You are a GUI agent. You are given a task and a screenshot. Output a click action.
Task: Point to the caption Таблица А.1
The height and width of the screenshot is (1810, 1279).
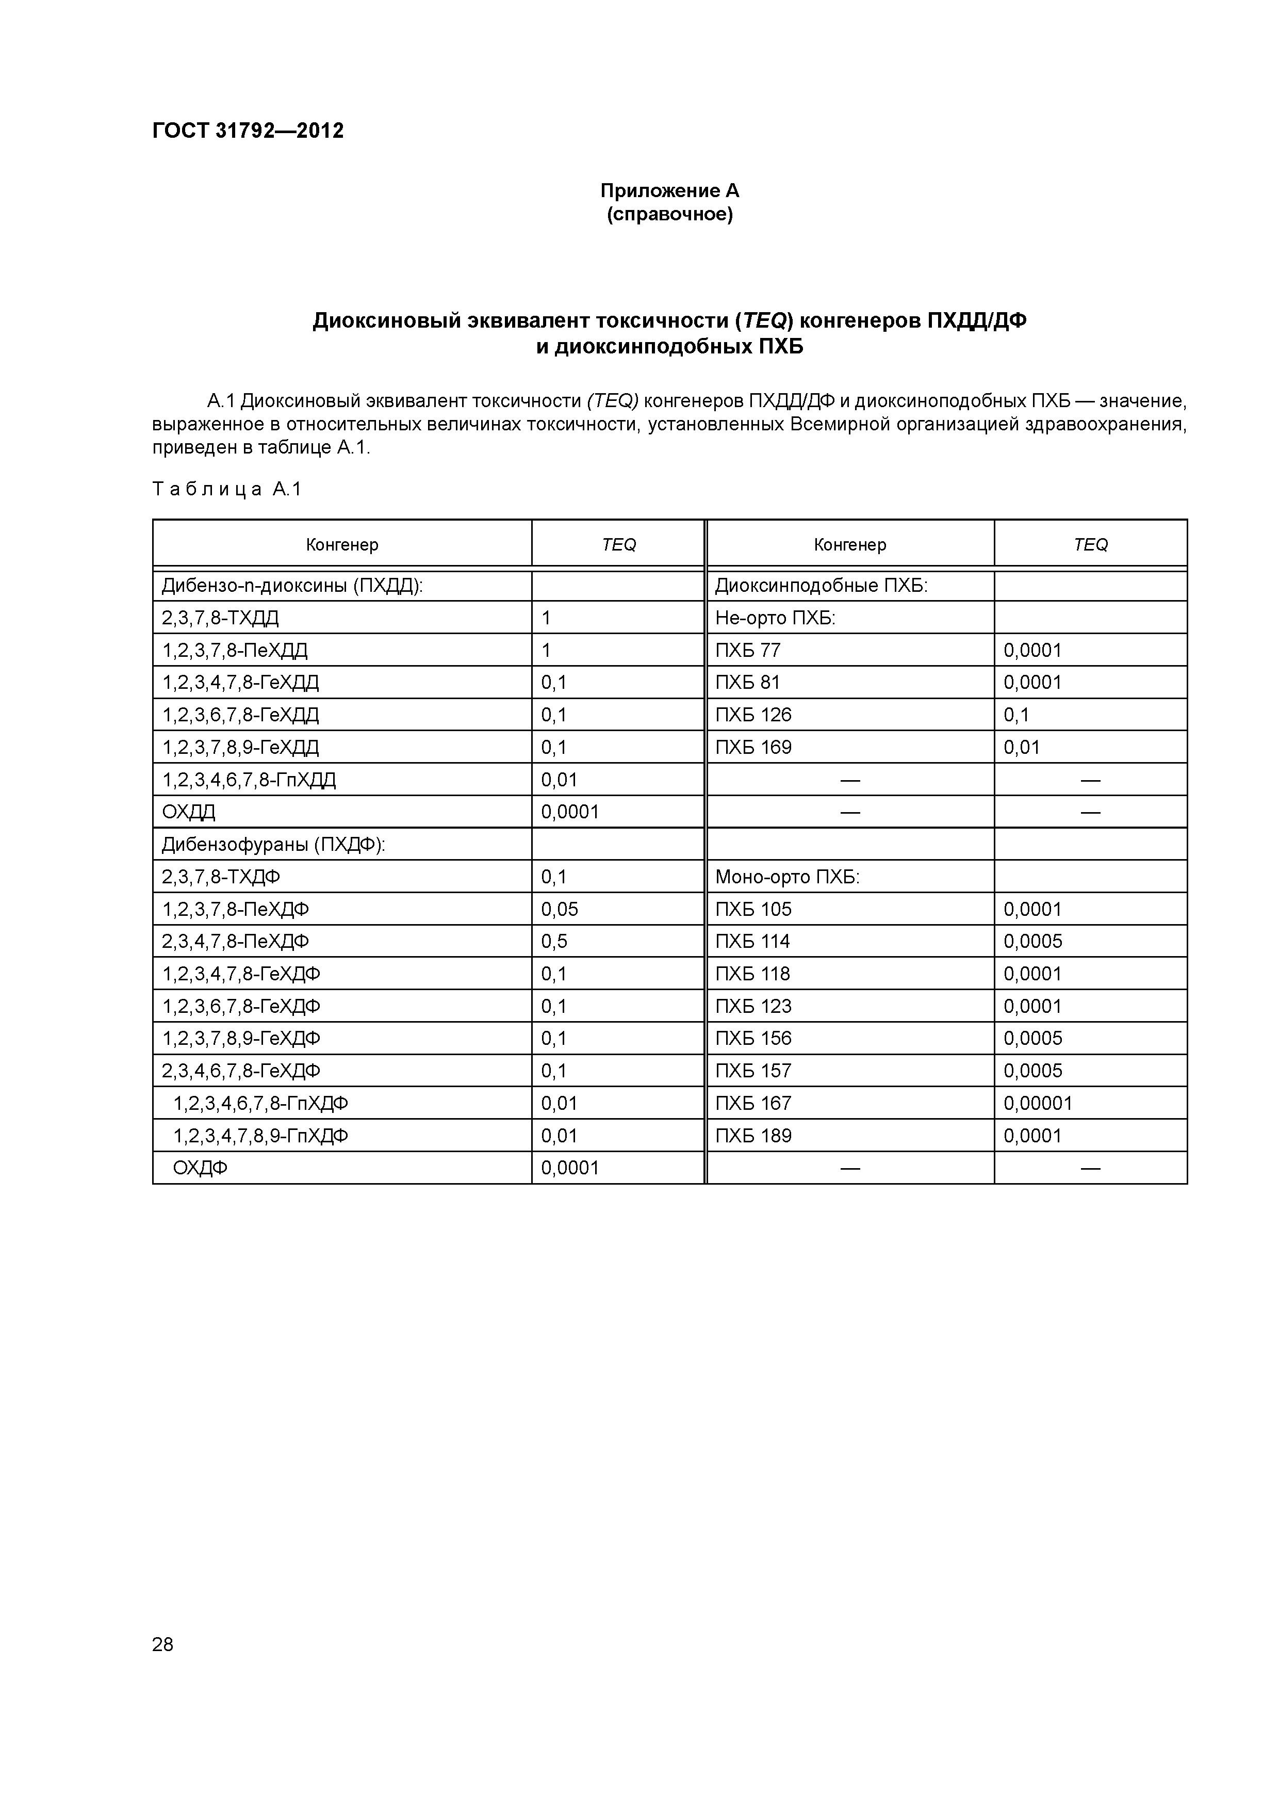[227, 490]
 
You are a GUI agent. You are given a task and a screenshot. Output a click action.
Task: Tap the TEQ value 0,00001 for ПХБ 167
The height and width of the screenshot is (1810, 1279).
[1037, 1104]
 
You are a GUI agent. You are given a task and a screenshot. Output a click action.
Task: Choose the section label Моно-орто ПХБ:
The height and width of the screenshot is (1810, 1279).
[786, 878]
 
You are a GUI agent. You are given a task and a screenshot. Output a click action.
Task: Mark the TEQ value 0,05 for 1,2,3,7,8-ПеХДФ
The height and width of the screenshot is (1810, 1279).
[560, 910]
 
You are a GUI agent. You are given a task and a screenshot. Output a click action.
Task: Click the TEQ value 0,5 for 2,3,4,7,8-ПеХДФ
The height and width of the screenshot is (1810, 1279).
[554, 941]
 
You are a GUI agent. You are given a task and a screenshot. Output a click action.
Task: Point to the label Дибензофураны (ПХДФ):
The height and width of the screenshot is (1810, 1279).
[273, 845]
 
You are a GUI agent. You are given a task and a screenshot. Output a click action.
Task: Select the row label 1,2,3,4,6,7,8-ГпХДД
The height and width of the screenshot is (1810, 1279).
[249, 781]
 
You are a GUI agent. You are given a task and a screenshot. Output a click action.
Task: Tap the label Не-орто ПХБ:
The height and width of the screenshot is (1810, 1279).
[775, 618]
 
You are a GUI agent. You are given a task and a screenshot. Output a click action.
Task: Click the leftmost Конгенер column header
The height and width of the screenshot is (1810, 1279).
[342, 545]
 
